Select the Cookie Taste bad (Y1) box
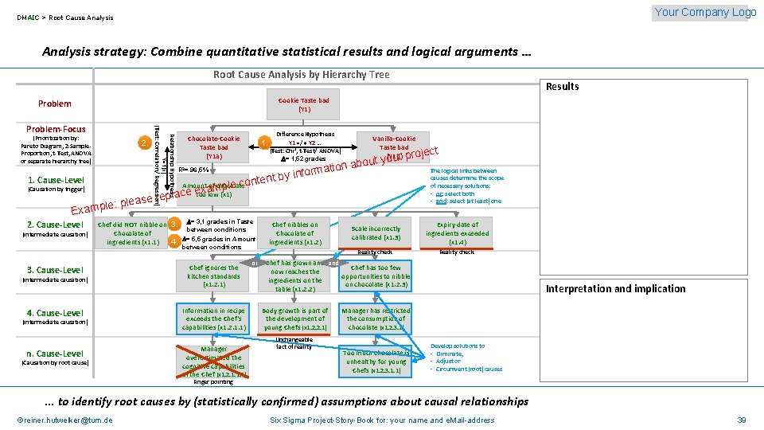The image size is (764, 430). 304,104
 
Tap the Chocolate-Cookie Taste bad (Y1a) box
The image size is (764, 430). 213,147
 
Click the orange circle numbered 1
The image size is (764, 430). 264,143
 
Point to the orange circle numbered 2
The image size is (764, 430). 143,143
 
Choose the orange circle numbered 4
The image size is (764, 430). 173,240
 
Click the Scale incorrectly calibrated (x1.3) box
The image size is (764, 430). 376,233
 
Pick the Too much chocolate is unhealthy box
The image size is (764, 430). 376,361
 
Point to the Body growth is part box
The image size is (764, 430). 295,319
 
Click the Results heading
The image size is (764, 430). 562,86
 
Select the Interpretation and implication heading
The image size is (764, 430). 615,288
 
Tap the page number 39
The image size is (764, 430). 741,420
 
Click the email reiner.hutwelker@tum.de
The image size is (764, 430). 64,420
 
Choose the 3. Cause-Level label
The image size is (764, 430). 55,270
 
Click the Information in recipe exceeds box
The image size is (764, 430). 213,319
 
